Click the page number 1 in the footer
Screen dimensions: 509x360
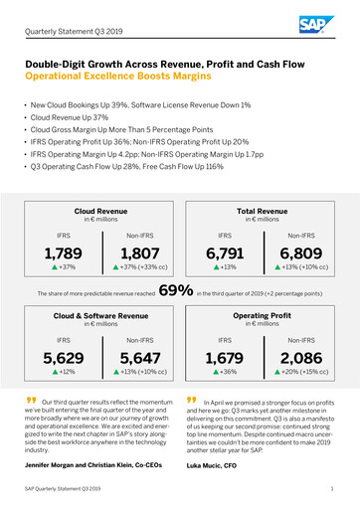point(331,491)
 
